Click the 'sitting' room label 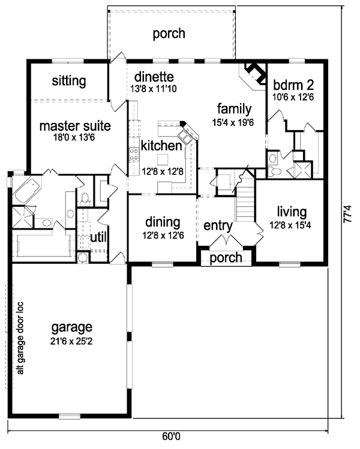pos(69,82)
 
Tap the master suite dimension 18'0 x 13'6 pos(74,138)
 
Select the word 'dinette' pos(154,77)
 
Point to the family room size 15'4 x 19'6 pos(233,122)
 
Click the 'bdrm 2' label pos(293,85)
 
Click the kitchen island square pos(163,159)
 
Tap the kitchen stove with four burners pos(134,154)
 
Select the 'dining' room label pos(163,222)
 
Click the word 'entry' pos(218,225)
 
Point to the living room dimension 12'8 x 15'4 pos(290,225)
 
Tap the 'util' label pos(98,237)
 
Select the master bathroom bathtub pos(27,189)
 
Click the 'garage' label pos(71,327)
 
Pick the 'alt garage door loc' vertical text pos(20,338)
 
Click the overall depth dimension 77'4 pos(347,213)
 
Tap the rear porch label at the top pos(169,34)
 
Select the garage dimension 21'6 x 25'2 pos(71,341)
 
